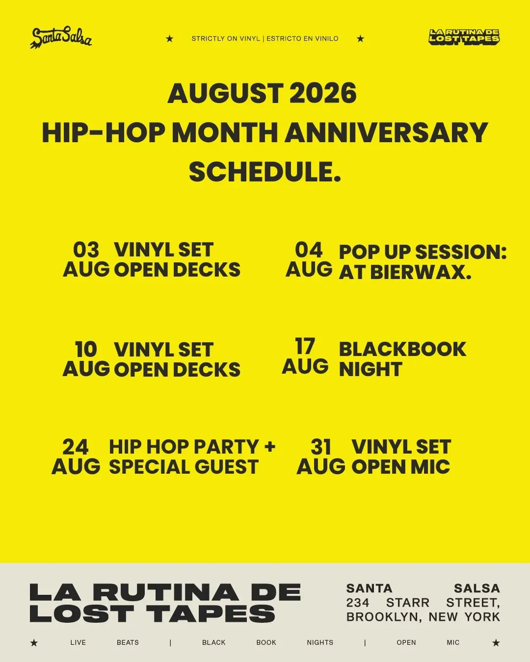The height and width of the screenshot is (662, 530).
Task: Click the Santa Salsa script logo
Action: (x=61, y=38)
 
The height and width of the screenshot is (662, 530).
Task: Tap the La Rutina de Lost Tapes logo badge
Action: (x=464, y=38)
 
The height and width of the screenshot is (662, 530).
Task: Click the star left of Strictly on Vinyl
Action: (x=169, y=39)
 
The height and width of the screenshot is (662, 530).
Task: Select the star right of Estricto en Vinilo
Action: (x=360, y=39)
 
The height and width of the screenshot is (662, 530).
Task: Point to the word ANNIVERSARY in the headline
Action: (x=386, y=132)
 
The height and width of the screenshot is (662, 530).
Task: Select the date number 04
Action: (x=309, y=250)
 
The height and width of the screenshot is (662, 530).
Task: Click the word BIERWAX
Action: (x=421, y=272)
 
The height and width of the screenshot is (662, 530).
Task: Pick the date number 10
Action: (x=86, y=349)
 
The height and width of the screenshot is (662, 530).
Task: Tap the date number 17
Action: (x=305, y=346)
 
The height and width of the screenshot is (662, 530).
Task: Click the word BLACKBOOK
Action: (x=402, y=349)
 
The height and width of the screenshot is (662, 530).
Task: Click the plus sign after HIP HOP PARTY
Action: (x=270, y=446)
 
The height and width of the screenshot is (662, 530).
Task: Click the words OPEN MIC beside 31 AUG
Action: (x=401, y=467)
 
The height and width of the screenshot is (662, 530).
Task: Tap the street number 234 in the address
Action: (x=358, y=603)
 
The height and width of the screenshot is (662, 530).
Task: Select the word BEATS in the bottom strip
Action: (x=128, y=642)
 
